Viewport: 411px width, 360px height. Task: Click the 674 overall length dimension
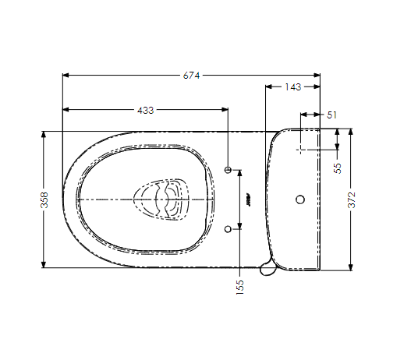click(191, 76)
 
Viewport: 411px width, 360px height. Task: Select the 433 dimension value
click(145, 110)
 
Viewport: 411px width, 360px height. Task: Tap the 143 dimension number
click(293, 87)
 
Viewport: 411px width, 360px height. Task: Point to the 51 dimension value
click(331, 115)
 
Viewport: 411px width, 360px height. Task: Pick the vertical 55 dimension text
click(338, 168)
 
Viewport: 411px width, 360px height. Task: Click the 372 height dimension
click(352, 199)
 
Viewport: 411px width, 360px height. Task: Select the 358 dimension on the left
click(44, 199)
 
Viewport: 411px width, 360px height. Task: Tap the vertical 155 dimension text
click(239, 288)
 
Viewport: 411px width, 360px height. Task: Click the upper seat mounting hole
click(229, 170)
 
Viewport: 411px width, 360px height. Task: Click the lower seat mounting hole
click(229, 229)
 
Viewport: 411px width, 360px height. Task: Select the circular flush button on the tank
click(300, 199)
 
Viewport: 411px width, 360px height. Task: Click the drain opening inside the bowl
click(161, 199)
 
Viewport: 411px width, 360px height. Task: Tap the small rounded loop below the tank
click(268, 268)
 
